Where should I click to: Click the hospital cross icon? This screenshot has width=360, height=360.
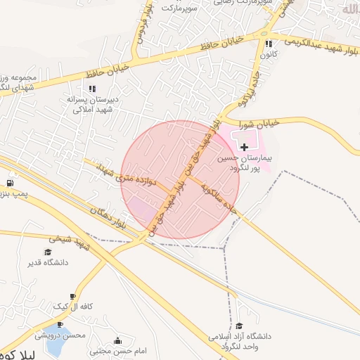244,147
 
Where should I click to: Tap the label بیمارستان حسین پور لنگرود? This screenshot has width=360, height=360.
243,164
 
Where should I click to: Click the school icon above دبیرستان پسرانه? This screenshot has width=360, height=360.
91,89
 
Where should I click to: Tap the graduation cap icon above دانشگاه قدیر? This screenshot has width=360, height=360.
48,252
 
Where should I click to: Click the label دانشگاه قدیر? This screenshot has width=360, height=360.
48,263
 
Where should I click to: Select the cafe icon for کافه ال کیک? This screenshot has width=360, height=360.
72,297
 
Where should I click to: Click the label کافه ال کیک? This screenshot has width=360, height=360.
72,308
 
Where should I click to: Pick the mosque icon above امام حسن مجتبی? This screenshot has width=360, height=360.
117,340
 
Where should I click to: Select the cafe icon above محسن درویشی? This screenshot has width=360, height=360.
60,324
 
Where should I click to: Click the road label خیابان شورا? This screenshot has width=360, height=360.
261,122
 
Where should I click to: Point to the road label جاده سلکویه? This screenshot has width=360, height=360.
219,195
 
